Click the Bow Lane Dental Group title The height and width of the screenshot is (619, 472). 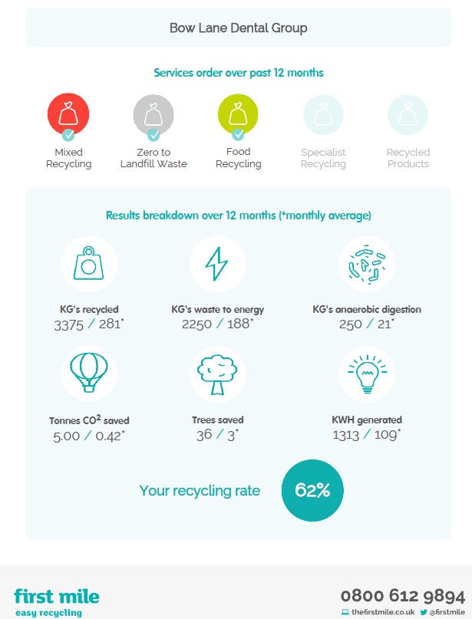(x=238, y=28)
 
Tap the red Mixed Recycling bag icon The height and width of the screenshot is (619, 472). (x=68, y=115)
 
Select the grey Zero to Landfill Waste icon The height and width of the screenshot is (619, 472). (x=153, y=115)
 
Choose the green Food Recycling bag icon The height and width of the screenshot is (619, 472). (x=239, y=115)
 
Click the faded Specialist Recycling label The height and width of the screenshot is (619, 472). (x=323, y=158)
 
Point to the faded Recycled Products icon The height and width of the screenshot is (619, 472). (x=408, y=115)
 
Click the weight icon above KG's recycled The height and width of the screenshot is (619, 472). (x=89, y=264)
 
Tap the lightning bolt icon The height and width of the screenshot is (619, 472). (x=217, y=264)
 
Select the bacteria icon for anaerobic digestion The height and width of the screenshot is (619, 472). (x=367, y=264)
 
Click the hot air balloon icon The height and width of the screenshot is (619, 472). (x=89, y=373)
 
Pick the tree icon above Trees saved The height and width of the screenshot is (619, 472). (x=217, y=374)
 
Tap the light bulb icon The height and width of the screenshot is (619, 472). (x=367, y=373)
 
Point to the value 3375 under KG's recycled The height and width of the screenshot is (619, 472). (x=71, y=324)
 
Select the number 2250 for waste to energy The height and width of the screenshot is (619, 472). (x=196, y=324)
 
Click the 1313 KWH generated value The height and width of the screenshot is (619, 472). (x=347, y=435)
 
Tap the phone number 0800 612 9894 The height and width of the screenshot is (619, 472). (x=402, y=596)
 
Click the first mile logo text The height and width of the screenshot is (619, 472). (x=57, y=596)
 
